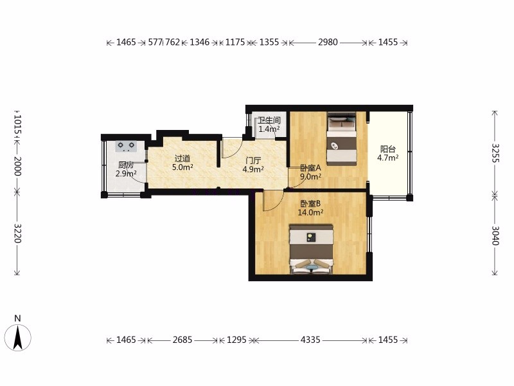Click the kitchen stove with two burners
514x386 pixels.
click(127, 146)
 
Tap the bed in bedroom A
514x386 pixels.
click(342, 139)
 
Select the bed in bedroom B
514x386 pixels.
click(311, 249)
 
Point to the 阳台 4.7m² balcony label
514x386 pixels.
click(388, 154)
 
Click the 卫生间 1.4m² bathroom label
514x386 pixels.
click(269, 125)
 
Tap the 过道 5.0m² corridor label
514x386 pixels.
click(182, 163)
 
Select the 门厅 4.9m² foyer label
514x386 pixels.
click(253, 165)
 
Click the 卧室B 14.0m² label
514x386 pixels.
click(310, 208)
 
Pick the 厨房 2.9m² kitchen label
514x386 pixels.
click(126, 169)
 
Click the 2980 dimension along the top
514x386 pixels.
click(328, 42)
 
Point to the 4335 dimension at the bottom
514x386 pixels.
click(310, 340)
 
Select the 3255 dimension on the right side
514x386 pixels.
click(495, 153)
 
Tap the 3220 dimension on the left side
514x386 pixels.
click(17, 234)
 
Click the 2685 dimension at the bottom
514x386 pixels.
click(182, 340)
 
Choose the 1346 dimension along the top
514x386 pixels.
click(200, 42)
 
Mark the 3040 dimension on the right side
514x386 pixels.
click(495, 235)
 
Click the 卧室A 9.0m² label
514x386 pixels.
click(311, 172)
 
